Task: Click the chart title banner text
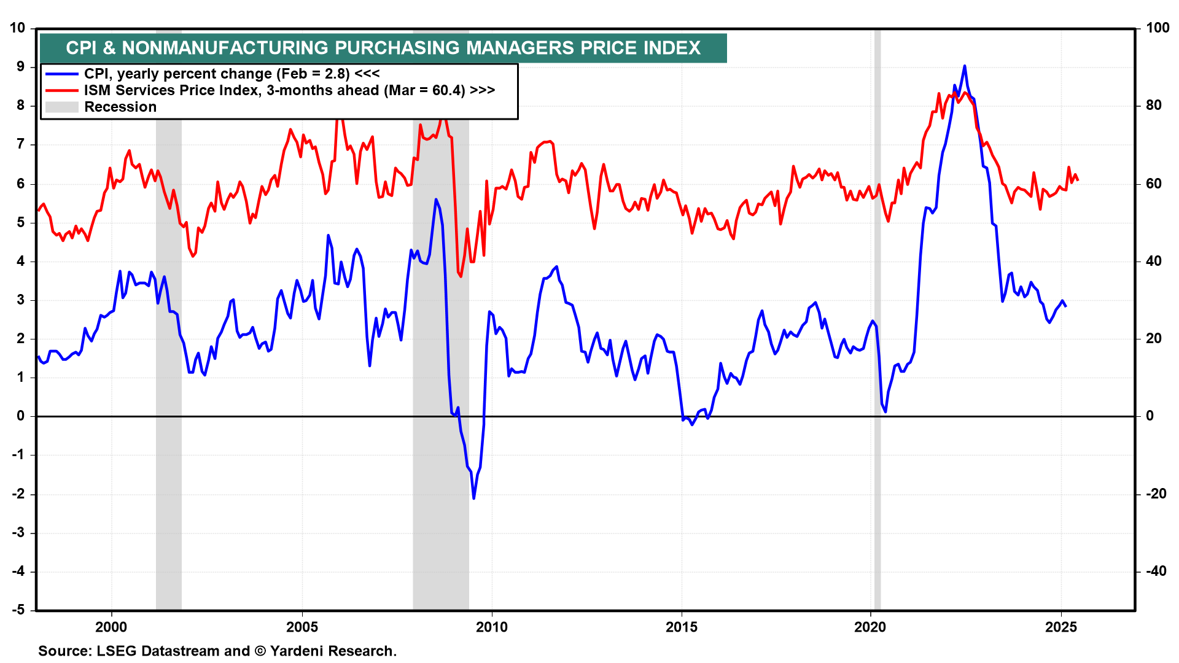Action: click(383, 48)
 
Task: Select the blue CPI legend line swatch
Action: click(61, 74)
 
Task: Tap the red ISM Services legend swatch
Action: click(61, 91)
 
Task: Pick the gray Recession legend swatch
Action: click(61, 107)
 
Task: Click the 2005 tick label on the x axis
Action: click(302, 627)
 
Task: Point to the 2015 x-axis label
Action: click(681, 627)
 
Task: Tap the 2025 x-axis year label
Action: click(1060, 627)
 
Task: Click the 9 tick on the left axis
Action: click(20, 67)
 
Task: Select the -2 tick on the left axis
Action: click(18, 494)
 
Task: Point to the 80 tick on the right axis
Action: click(1154, 106)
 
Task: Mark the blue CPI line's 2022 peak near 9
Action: click(964, 66)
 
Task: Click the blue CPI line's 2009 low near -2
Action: click(473, 498)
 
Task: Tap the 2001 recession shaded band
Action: click(168, 368)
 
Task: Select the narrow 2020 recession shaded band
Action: click(877, 368)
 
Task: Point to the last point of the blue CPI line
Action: click(1065, 306)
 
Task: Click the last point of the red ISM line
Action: click(1078, 180)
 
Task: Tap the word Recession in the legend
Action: click(120, 107)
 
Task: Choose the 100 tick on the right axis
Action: click(1158, 28)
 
